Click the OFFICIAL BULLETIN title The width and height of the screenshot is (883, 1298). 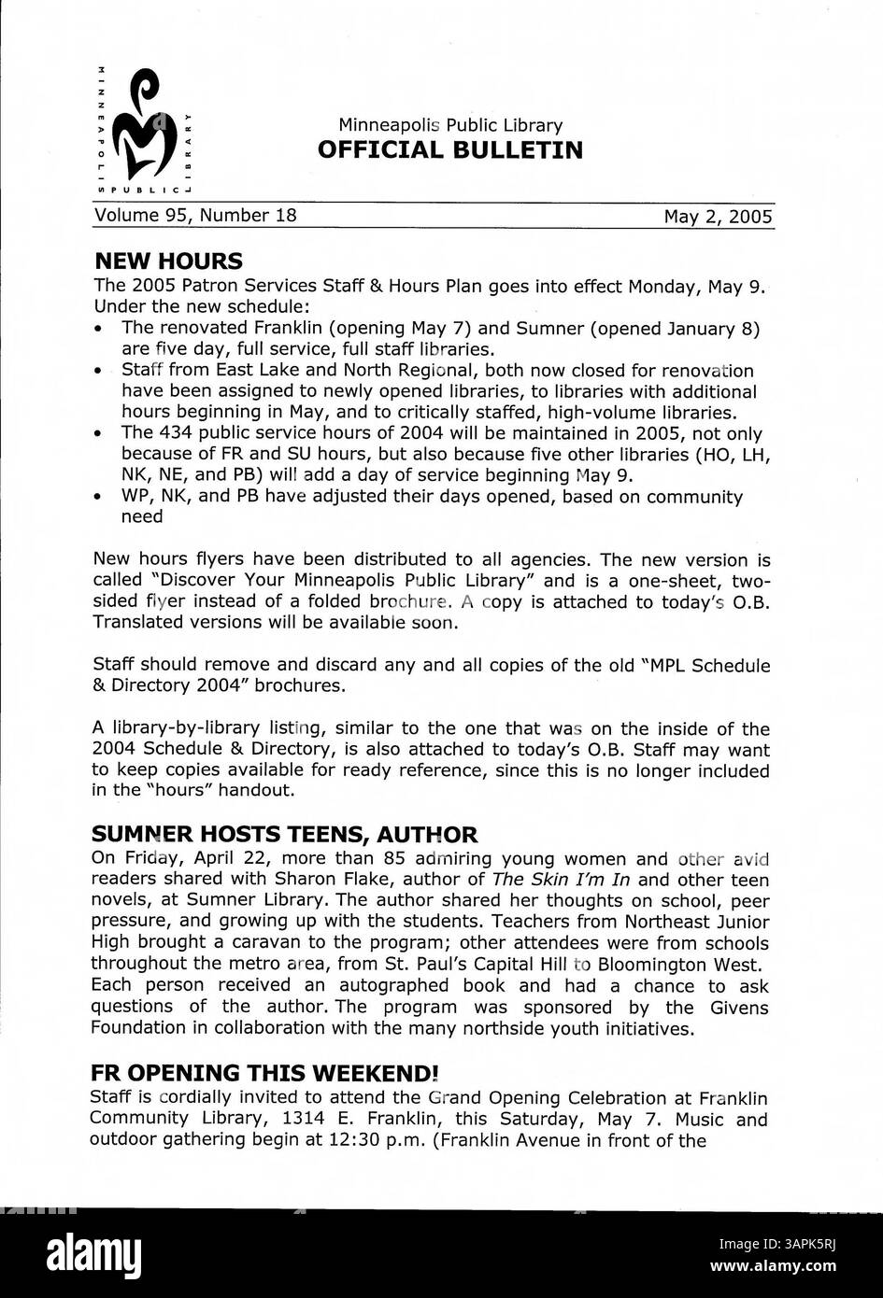click(449, 149)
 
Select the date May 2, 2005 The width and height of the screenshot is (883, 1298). click(718, 217)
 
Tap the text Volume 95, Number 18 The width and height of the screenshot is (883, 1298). click(195, 216)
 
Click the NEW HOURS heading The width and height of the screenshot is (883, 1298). click(168, 261)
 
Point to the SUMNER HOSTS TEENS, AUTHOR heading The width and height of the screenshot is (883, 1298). click(285, 834)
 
